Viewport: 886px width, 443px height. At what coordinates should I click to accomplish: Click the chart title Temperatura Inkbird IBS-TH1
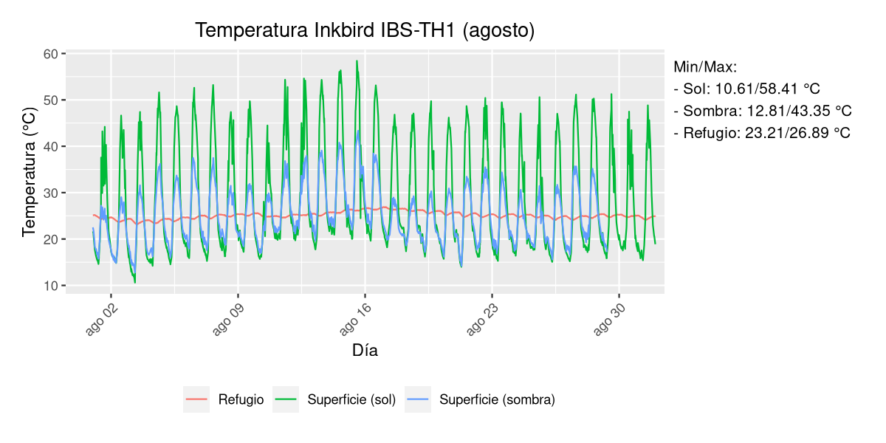pyautogui.click(x=365, y=30)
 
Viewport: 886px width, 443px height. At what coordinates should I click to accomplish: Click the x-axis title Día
pyautogui.click(x=365, y=351)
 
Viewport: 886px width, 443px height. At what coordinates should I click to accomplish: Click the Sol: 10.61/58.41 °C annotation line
pyautogui.click(x=747, y=89)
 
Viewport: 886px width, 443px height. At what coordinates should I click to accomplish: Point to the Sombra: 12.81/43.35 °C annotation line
pyautogui.click(x=763, y=111)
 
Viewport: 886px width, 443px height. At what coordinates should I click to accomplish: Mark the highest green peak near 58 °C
pyautogui.click(x=357, y=61)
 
